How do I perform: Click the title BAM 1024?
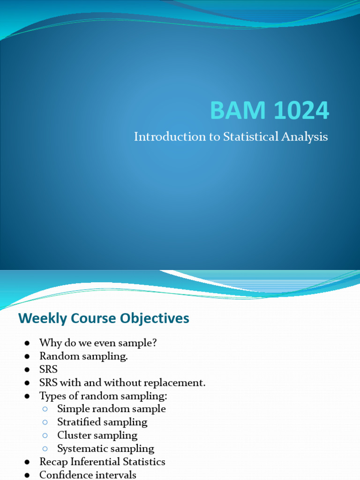pos(270,111)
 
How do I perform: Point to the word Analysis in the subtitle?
pos(304,137)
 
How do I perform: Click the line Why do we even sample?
pos(98,343)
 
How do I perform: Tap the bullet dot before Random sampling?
pos(27,357)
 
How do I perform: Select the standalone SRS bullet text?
pos(48,369)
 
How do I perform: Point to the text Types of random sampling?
pos(103,396)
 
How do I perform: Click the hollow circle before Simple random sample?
pos(45,409)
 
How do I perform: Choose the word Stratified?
pos(79,422)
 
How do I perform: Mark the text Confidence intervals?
pos(88,474)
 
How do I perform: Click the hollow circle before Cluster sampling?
pos(45,435)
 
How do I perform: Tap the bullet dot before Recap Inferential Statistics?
pos(27,462)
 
